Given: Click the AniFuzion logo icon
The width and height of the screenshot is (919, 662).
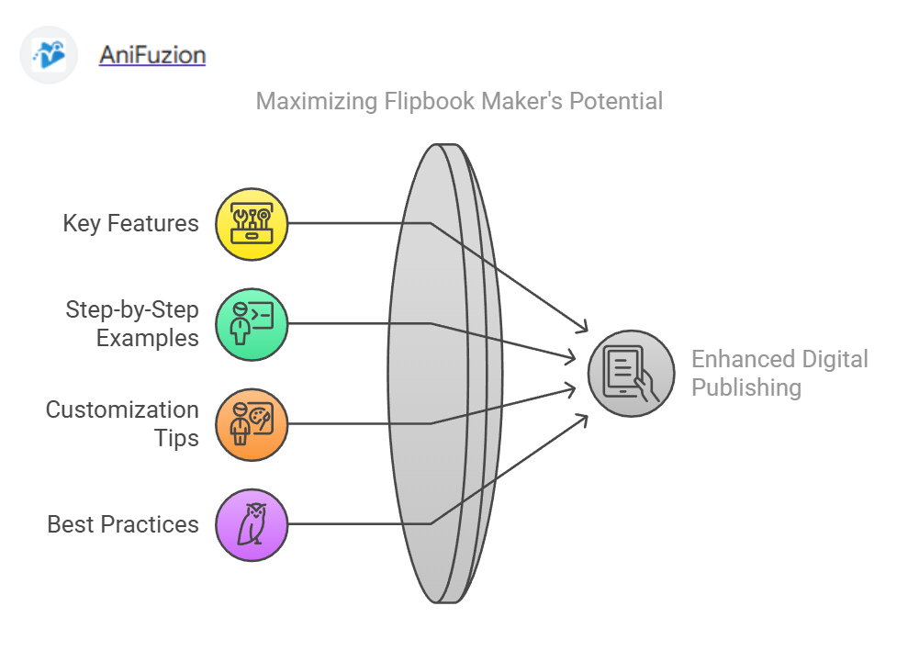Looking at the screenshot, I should point(50,56).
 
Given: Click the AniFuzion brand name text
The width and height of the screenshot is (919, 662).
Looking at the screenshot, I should point(152,55).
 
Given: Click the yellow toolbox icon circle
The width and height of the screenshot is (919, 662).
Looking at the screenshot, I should point(252,223).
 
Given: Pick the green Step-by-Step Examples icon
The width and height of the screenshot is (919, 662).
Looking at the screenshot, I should point(252,323).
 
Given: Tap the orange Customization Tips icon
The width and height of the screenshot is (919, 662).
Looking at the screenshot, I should point(252,423).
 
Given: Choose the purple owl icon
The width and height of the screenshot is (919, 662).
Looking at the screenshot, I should point(252,524).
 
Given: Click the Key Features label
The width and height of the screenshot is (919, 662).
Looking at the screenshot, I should point(130,223).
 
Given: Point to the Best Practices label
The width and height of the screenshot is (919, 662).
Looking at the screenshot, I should point(123,524).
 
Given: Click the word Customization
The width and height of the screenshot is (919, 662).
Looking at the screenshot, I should point(122,410).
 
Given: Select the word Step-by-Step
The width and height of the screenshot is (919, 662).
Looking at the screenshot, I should point(132,309).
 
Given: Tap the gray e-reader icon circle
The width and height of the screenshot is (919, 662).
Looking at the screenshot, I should point(631,374).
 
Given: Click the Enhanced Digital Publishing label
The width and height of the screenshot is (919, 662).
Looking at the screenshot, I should point(779,373).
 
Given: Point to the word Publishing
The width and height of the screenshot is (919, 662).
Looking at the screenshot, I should point(745,387).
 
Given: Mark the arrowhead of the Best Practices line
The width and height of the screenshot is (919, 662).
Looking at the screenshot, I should point(584,419).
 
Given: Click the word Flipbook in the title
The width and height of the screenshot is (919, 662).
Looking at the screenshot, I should point(420,101).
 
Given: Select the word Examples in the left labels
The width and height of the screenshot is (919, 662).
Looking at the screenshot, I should point(148,338).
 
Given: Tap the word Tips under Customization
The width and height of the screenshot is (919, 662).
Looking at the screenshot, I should point(176,438).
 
